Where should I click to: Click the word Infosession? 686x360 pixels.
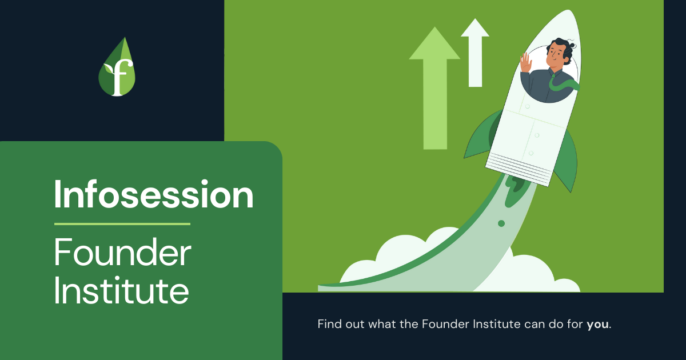[153, 195]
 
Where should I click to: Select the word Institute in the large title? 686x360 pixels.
[121, 291]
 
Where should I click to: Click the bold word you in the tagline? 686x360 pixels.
[598, 325]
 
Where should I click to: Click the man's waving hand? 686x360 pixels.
[525, 63]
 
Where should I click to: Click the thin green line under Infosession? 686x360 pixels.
[122, 223]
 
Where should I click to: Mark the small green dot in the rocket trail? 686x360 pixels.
[501, 223]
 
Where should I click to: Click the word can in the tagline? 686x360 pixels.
[534, 325]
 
